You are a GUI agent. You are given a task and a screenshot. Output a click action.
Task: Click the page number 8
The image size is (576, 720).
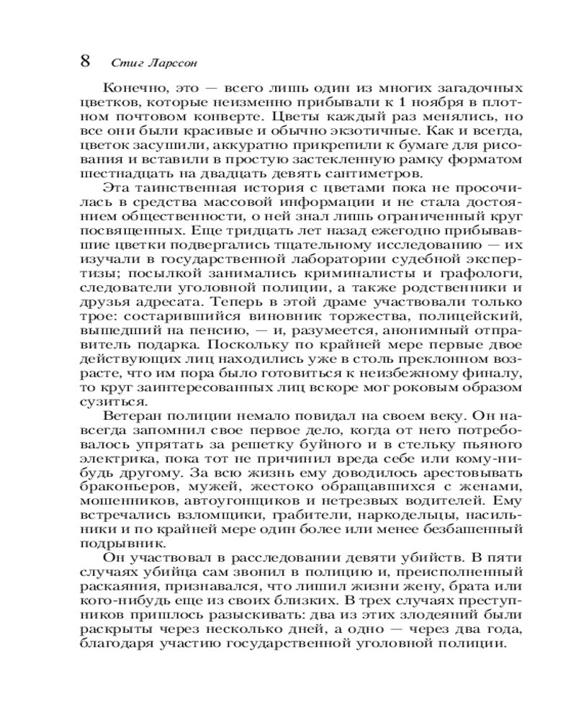[x=84, y=60]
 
